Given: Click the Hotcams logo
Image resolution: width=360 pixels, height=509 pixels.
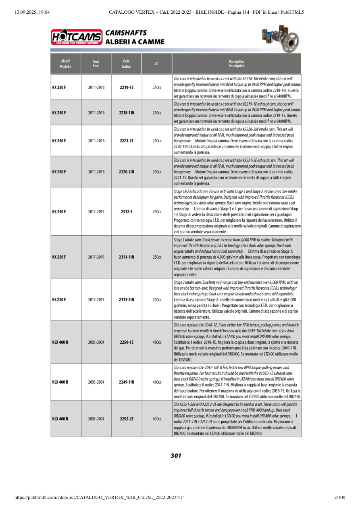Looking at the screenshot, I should point(76,37).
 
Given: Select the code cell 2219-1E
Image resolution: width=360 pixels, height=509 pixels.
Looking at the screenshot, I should point(127,87).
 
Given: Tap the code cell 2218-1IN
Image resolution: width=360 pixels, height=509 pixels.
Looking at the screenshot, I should point(127,112).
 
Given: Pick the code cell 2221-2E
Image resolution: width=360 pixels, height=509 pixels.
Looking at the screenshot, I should point(127,141).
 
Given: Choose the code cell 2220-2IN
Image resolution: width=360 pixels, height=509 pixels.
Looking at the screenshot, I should point(127,172).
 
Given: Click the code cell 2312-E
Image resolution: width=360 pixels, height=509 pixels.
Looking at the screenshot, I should point(127,211).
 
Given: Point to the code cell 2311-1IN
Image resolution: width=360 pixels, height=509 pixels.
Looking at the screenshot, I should point(127,257).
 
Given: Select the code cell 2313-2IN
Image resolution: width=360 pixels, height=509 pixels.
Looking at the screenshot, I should point(127,299).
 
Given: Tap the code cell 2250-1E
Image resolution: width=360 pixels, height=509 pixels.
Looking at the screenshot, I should point(127,342).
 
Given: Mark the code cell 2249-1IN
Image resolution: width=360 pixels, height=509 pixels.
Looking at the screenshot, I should point(127,382).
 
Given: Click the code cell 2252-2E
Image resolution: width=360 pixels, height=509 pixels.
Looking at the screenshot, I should point(127,419).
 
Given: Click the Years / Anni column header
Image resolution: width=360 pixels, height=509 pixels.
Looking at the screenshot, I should point(96,64).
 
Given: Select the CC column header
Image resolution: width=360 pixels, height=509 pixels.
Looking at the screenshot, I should point(156,64).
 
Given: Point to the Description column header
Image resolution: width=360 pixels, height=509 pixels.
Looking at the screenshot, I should point(236,64).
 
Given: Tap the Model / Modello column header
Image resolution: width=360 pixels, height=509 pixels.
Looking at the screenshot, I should point(65,64).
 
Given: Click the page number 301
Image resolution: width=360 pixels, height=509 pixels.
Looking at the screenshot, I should point(176,456).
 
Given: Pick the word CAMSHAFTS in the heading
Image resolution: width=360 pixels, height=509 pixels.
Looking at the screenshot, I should point(126,33).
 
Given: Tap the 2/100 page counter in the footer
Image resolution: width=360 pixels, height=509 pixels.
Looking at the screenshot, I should point(340,498).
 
